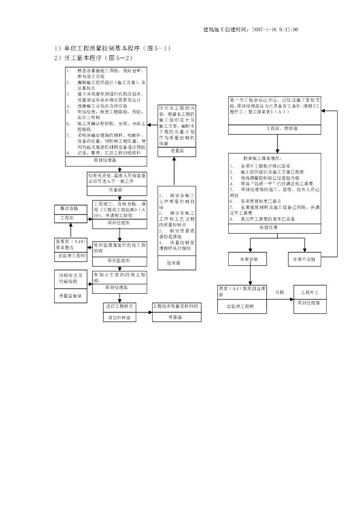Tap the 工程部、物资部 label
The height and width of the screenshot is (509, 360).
(x=278, y=128)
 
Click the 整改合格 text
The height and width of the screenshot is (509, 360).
(x=70, y=209)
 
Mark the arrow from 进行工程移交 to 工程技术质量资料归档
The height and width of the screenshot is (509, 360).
(x=144, y=312)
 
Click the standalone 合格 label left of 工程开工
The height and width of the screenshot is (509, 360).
(x=279, y=292)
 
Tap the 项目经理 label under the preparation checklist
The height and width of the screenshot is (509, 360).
(x=268, y=227)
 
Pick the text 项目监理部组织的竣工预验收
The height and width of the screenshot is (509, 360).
(x=119, y=248)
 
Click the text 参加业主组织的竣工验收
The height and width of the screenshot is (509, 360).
(x=119, y=276)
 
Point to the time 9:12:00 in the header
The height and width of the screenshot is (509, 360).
(x=289, y=30)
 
